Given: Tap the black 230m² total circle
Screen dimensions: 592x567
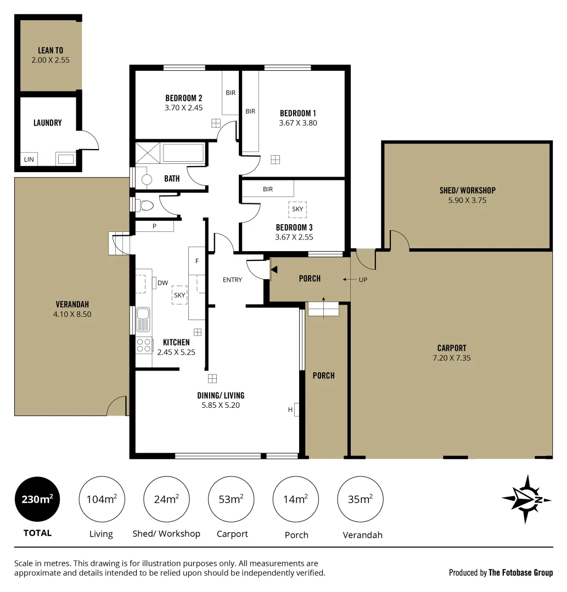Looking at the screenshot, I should [37, 499].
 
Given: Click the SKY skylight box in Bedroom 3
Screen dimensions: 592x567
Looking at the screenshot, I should [297, 209].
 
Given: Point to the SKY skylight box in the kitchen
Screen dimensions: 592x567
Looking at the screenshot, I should [179, 294].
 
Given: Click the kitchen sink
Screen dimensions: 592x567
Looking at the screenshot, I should [143, 320].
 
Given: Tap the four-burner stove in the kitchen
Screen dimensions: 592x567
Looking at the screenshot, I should [144, 345].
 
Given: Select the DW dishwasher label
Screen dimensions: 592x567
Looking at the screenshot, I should [162, 283].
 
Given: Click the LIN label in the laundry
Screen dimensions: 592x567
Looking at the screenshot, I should [29, 160].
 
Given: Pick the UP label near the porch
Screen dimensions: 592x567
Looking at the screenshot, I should [363, 280].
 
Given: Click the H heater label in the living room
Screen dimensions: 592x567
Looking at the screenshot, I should [290, 409].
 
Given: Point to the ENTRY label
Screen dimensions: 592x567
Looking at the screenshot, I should [232, 280].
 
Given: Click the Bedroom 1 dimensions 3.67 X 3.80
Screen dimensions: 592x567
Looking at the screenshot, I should [298, 123].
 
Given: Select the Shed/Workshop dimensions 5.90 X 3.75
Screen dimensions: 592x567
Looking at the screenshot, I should [467, 200].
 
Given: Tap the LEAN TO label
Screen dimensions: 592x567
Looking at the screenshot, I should [50, 50].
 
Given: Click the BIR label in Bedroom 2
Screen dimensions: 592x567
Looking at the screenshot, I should [231, 93].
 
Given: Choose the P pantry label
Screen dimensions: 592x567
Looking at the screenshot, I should [154, 225].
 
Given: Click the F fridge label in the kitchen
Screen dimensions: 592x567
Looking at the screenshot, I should [197, 261].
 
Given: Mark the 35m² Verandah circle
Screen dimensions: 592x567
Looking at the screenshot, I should [360, 499].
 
